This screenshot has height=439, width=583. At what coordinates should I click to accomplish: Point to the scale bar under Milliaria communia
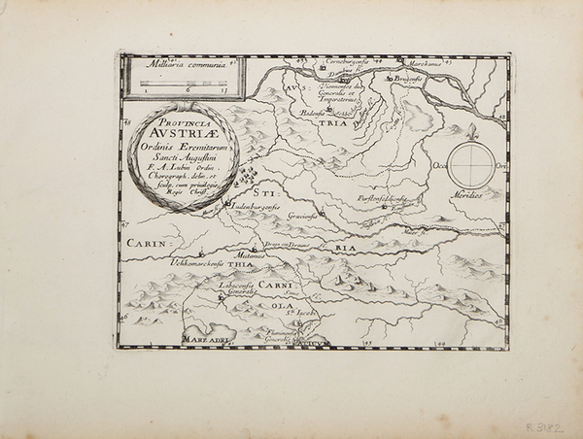click(x=182, y=84)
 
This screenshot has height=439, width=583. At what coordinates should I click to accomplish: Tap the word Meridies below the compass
click(x=473, y=194)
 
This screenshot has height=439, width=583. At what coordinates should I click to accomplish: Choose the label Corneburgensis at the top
click(x=341, y=61)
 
